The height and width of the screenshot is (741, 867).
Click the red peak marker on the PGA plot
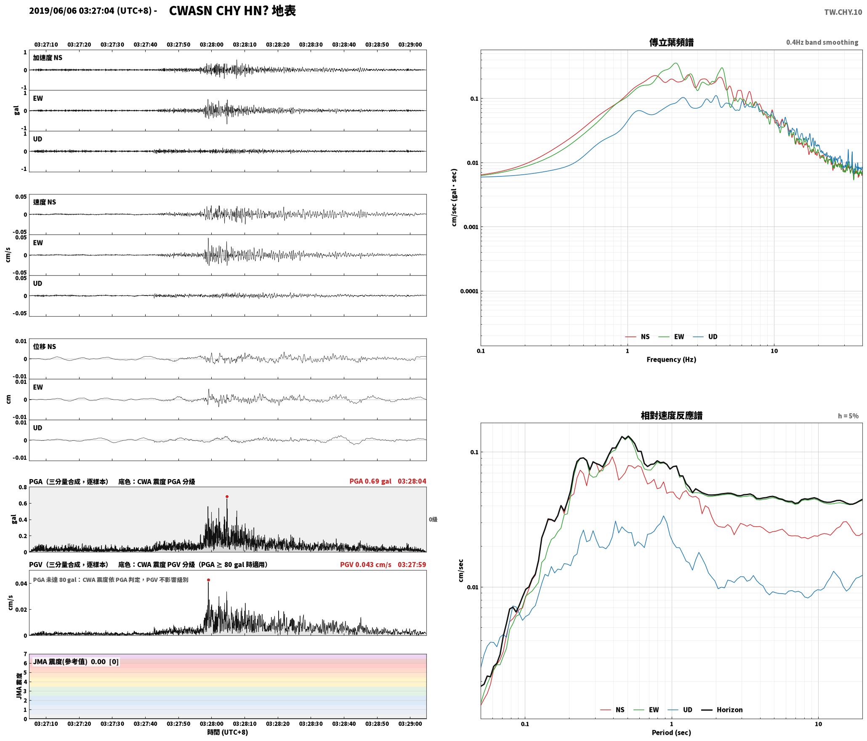coord(227,497)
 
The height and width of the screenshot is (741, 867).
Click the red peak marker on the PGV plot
coord(208,580)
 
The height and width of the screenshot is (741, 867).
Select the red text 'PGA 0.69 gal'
coord(370,481)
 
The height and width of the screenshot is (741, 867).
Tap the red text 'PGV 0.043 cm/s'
coord(365,565)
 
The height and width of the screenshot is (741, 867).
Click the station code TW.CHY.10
coord(843,12)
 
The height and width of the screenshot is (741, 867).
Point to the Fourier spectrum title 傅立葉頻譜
coord(671,43)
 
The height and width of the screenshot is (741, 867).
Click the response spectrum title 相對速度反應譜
coord(671,416)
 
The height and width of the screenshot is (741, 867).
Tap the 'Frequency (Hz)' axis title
coord(671,360)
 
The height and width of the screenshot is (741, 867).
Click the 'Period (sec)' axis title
coord(671,733)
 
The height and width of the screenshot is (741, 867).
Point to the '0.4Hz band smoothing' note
coord(822,43)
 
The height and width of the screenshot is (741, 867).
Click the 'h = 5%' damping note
coord(848,416)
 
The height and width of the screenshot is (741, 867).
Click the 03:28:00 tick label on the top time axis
coord(211,45)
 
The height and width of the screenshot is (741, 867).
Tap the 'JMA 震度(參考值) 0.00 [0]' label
coord(76,661)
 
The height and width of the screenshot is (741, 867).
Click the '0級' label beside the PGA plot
coord(433,520)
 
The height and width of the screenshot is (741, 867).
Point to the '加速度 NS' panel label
coord(48,58)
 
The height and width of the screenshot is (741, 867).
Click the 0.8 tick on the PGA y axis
coord(23,488)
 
